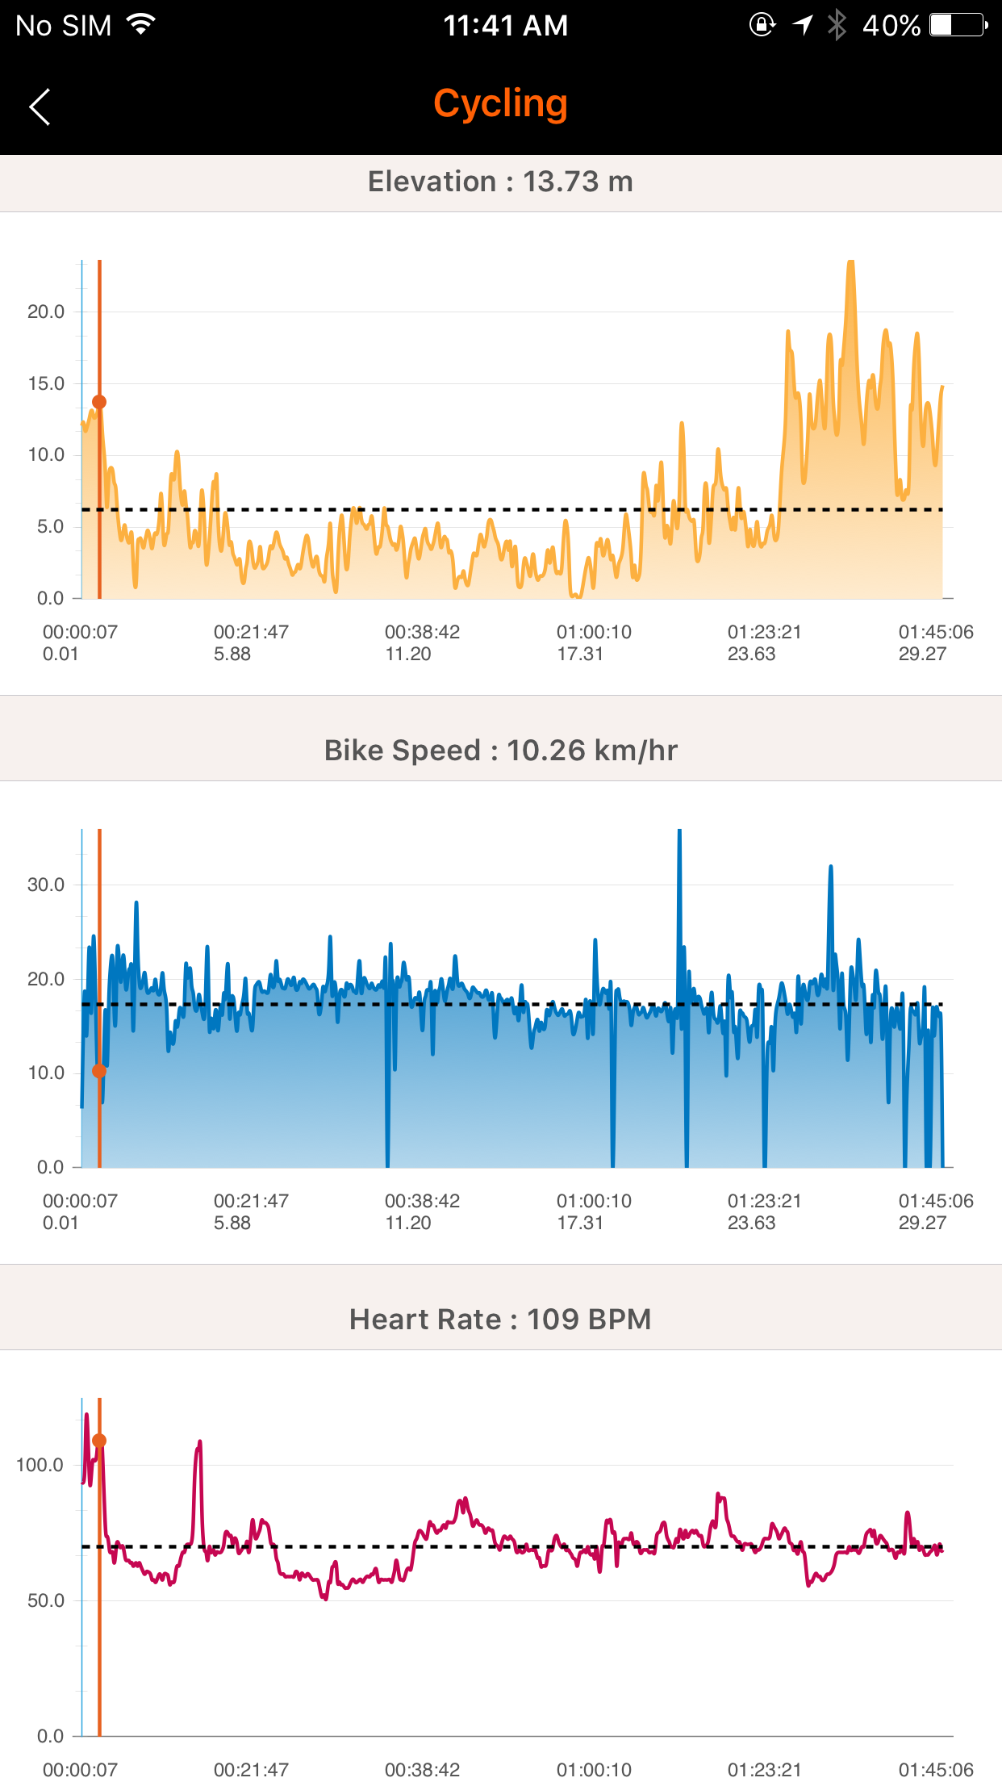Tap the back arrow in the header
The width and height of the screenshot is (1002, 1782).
pyautogui.click(x=40, y=107)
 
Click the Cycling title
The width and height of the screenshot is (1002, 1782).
pyautogui.click(x=500, y=104)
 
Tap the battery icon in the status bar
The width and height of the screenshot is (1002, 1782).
pyautogui.click(x=958, y=25)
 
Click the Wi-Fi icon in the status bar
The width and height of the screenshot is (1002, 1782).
pyautogui.click(x=141, y=25)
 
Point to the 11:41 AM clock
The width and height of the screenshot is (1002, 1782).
pyautogui.click(x=505, y=26)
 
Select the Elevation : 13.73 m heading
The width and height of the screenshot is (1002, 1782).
pyautogui.click(x=500, y=182)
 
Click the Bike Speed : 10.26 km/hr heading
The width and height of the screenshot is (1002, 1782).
pyautogui.click(x=500, y=751)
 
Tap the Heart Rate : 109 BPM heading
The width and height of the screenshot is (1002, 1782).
pyautogui.click(x=500, y=1320)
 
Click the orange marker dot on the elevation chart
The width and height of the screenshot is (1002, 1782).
pyautogui.click(x=99, y=402)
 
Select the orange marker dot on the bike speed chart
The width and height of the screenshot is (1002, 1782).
pyautogui.click(x=99, y=1071)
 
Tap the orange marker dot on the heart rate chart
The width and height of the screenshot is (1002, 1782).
pyautogui.click(x=99, y=1441)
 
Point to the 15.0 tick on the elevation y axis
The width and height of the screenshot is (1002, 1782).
pyautogui.click(x=46, y=384)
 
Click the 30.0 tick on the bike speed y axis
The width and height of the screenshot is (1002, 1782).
pyautogui.click(x=46, y=885)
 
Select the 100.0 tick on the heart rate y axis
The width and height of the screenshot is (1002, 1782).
pyautogui.click(x=40, y=1465)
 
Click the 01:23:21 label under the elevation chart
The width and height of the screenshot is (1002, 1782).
pyautogui.click(x=764, y=633)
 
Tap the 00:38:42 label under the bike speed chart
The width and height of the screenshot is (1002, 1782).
pyautogui.click(x=422, y=1202)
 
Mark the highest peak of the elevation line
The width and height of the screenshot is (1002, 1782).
pyautogui.click(x=850, y=263)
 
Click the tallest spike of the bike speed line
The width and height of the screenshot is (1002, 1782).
pyautogui.click(x=679, y=832)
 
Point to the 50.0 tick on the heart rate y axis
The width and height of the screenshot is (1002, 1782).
pyautogui.click(x=46, y=1600)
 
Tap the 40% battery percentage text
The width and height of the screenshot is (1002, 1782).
pyautogui.click(x=891, y=26)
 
